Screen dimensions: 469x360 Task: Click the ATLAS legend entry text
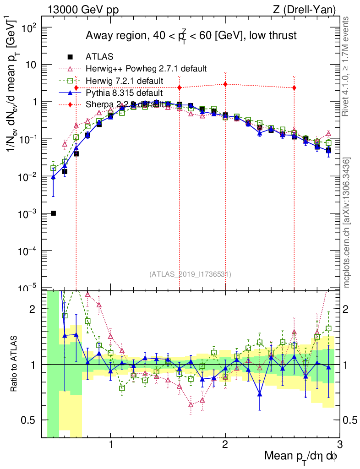click(99, 57)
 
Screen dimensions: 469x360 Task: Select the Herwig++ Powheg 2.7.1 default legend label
click(146, 69)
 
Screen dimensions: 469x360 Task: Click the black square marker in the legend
click(70, 57)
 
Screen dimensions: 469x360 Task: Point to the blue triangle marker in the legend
click(70, 93)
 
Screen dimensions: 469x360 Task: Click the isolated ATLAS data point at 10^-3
click(53, 213)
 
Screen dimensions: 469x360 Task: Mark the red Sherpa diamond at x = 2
click(225, 84)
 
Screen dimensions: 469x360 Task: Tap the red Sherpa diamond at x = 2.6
click(294, 87)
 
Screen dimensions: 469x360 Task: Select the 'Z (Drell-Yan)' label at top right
click(310, 9)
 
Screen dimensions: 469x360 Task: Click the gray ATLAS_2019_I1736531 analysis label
click(190, 274)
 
